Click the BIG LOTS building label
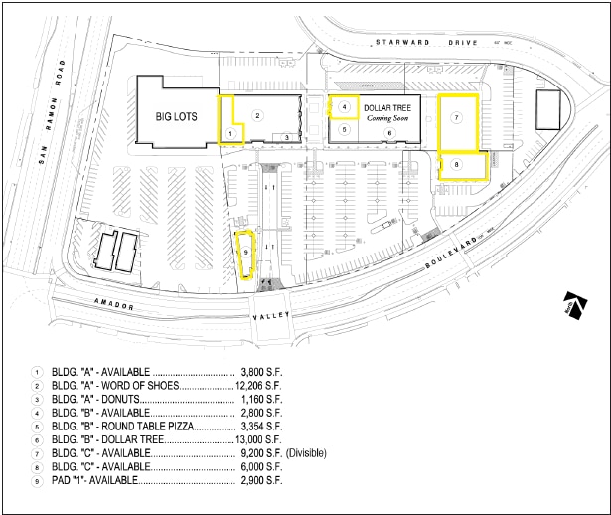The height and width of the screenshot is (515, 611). [x=176, y=116]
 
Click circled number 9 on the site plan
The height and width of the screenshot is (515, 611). [x=245, y=254]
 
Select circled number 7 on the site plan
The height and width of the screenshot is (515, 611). [x=456, y=118]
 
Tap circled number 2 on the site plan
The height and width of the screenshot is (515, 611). [x=257, y=116]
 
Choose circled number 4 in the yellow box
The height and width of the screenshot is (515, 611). [x=344, y=106]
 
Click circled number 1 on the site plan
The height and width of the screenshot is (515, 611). [x=229, y=132]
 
